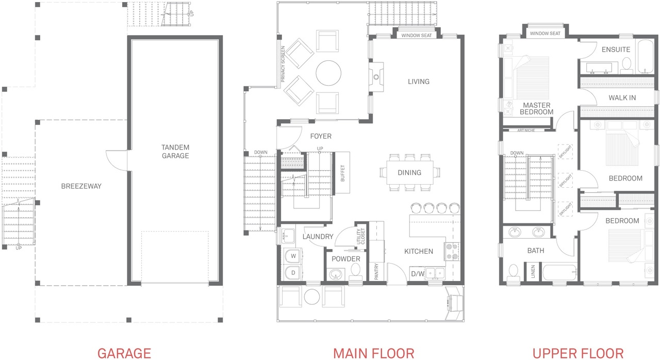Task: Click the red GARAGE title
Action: (124, 353)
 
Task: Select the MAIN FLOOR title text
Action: (374, 353)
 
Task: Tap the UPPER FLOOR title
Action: (578, 353)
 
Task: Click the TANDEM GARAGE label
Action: (175, 152)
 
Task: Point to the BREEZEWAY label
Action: (81, 186)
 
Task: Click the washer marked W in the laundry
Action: (293, 256)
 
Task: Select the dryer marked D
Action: (293, 273)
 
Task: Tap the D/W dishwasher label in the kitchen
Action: (418, 274)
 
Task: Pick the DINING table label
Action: (409, 173)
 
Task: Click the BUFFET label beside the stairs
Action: (342, 173)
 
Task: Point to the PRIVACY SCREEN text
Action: (283, 64)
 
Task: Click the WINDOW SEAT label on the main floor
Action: (417, 36)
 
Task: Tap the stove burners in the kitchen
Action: (452, 251)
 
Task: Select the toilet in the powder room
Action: (356, 272)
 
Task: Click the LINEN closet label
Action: (533, 271)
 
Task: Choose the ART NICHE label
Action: (526, 130)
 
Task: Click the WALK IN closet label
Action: (622, 98)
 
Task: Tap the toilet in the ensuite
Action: (626, 66)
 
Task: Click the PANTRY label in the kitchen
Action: (376, 271)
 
